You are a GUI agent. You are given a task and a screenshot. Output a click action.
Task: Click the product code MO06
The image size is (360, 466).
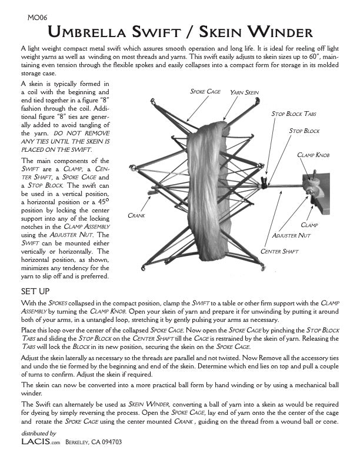[36, 18]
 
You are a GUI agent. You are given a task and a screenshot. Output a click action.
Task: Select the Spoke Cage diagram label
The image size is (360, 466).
[205, 92]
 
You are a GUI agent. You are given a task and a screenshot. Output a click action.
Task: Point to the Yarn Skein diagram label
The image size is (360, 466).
[244, 92]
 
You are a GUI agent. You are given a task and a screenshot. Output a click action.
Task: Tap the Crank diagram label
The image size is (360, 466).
[137, 216]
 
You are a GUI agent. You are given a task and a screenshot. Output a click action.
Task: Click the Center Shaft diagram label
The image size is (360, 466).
[279, 252]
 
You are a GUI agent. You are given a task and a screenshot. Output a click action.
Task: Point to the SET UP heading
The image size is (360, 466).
[36, 291]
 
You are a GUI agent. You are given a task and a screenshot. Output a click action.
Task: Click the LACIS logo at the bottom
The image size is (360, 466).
[34, 441]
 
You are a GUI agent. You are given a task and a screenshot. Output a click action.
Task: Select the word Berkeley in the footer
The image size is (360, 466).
[78, 442]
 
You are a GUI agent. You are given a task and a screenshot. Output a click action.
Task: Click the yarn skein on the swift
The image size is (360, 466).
[212, 177]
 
